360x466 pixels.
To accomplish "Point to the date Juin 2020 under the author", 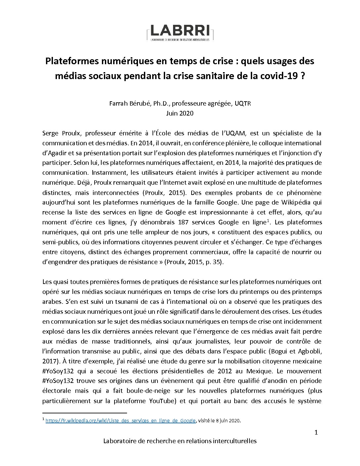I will [x=180, y=113].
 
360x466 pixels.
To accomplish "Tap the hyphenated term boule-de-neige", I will [x=161, y=391].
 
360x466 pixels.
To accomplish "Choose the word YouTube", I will [x=161, y=401].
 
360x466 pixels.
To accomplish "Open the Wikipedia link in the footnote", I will [x=120, y=421].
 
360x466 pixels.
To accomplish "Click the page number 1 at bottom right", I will [x=316, y=433].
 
